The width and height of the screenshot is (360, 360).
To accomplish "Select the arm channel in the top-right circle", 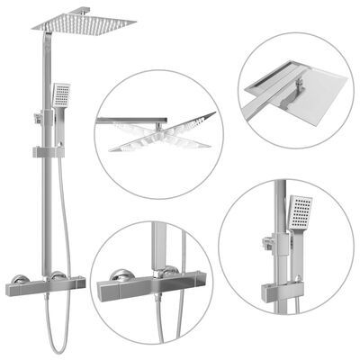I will coord(270,90).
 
